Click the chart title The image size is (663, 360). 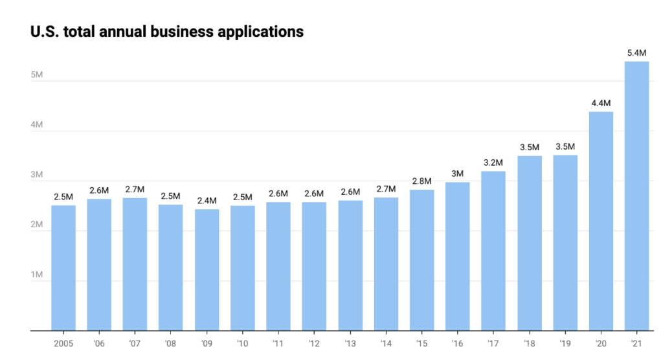click(167, 31)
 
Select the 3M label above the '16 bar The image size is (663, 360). click(457, 172)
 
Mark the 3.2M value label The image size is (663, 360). click(493, 161)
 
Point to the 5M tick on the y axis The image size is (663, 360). click(36, 75)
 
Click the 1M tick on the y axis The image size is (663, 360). click(36, 275)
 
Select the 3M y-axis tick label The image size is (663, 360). click(36, 175)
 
